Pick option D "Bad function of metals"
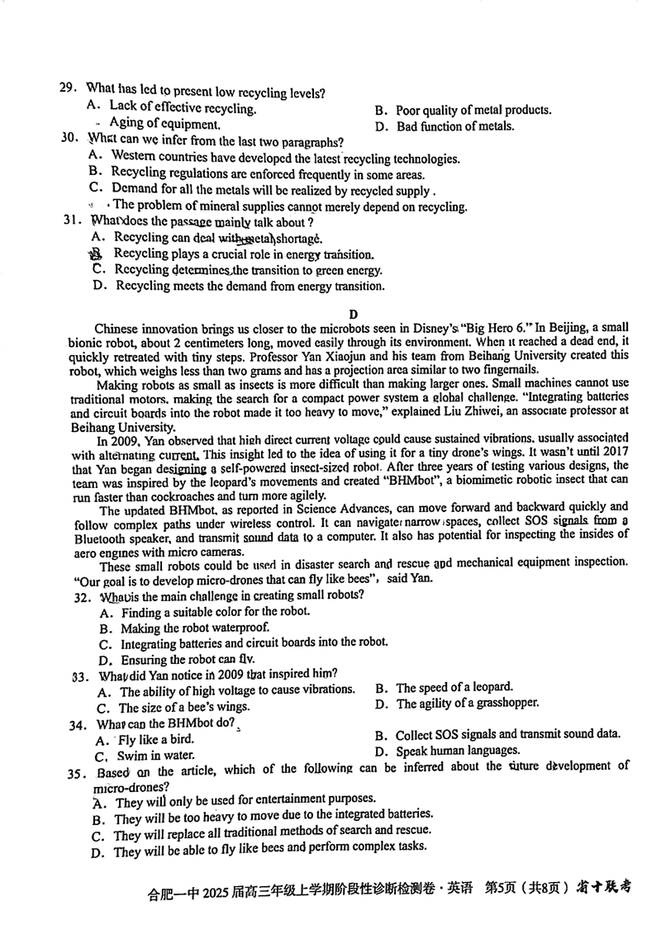coord(445,126)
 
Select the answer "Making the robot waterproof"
coord(186,628)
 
